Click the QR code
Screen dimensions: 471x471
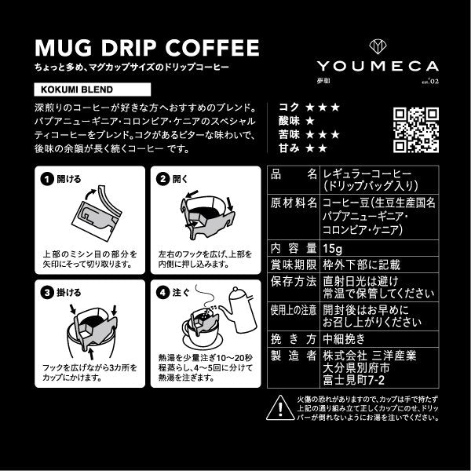coord(415,126)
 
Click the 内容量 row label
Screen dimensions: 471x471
coord(292,250)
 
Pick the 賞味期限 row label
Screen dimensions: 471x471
coord(292,265)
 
